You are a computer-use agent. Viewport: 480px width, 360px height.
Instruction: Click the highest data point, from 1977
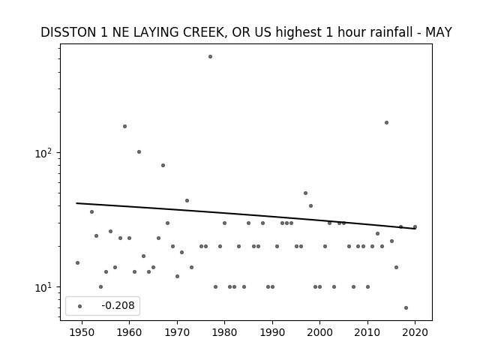pos(210,57)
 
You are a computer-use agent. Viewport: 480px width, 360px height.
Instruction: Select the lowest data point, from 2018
pos(406,307)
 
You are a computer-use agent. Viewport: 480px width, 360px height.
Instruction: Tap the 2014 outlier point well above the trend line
pos(387,122)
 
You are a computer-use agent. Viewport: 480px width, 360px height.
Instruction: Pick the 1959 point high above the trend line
pos(125,126)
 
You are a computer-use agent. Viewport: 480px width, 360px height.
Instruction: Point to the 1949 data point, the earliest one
pos(77,262)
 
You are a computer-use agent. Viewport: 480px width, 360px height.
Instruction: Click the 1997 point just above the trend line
pos(305,193)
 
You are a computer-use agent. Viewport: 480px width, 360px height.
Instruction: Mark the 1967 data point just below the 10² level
pos(163,165)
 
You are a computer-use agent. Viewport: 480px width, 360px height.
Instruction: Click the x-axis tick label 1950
pos(82,332)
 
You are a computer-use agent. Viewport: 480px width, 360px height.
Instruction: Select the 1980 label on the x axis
pos(224,332)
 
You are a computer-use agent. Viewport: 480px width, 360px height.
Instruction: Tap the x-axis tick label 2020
pos(415,332)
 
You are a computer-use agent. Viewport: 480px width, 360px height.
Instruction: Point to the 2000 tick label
pos(319,332)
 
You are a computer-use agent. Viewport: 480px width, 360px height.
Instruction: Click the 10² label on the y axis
pos(46,153)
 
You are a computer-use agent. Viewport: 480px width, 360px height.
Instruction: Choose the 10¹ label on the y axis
pos(46,287)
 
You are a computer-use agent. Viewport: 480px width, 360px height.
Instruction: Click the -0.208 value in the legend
pos(118,305)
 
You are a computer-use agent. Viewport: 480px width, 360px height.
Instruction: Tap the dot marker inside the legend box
pos(80,306)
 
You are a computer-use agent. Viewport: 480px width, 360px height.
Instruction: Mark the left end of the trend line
pos(76,203)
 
